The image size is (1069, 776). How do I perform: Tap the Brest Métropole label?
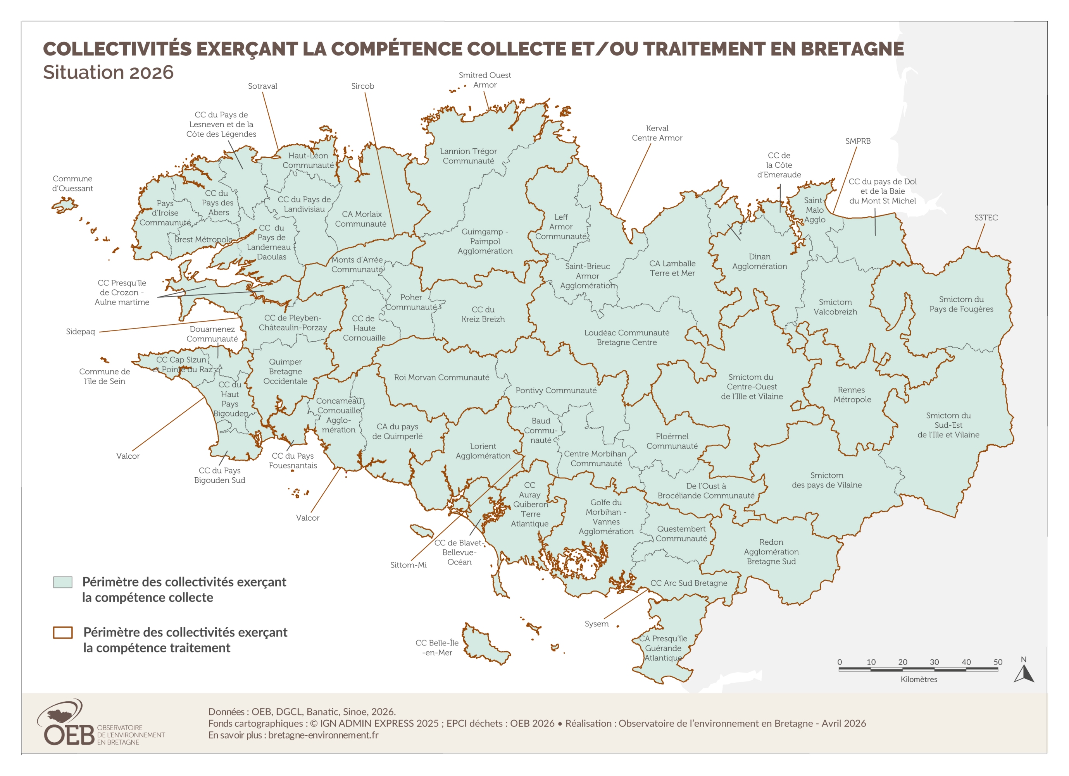pos(203,239)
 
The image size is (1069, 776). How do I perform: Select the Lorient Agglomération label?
pos(483,451)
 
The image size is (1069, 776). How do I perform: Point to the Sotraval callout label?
pos(262,86)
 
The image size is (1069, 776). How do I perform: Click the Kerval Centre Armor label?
pos(657,133)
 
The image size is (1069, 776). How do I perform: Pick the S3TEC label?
pos(986,218)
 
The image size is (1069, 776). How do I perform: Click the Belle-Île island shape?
pos(486,646)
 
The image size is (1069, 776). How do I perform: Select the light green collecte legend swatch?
pos(63,582)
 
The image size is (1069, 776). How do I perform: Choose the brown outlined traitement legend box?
pos(63,632)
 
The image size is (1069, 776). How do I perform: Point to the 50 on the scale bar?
pos(997,662)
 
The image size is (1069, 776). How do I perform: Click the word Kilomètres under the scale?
pos(919,680)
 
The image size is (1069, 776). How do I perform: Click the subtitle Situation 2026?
pos(109,72)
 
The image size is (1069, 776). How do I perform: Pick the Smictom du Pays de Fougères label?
pos(961,305)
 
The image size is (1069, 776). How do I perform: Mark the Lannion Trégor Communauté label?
pos(468,156)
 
